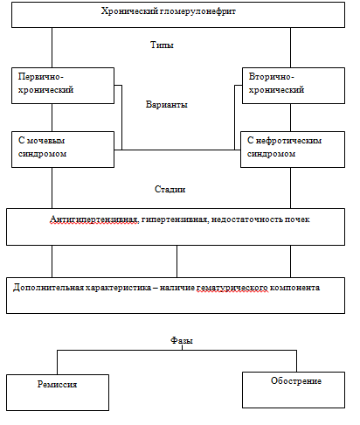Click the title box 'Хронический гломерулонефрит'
click(x=178, y=15)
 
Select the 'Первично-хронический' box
click(x=63, y=86)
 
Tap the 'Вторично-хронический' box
click(x=294, y=86)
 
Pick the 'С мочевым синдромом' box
click(x=63, y=150)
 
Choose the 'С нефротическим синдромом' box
click(x=293, y=150)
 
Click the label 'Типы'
click(x=162, y=45)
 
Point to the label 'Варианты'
click(x=167, y=104)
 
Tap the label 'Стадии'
click(x=170, y=189)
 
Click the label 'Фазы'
click(x=182, y=340)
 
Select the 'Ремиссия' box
click(x=58, y=393)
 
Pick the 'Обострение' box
click(x=294, y=390)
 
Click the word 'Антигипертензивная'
click(x=93, y=219)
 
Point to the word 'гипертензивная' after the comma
click(x=175, y=219)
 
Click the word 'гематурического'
click(x=232, y=288)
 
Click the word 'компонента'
click(x=294, y=288)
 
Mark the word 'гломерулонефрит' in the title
click(x=197, y=11)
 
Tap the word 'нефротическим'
click(x=288, y=141)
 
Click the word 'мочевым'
click(x=45, y=141)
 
